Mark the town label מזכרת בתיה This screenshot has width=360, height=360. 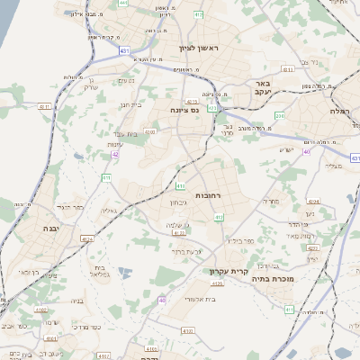pyautogui.click(x=307, y=279)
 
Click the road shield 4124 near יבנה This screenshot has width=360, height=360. pyautogui.click(x=87, y=239)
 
